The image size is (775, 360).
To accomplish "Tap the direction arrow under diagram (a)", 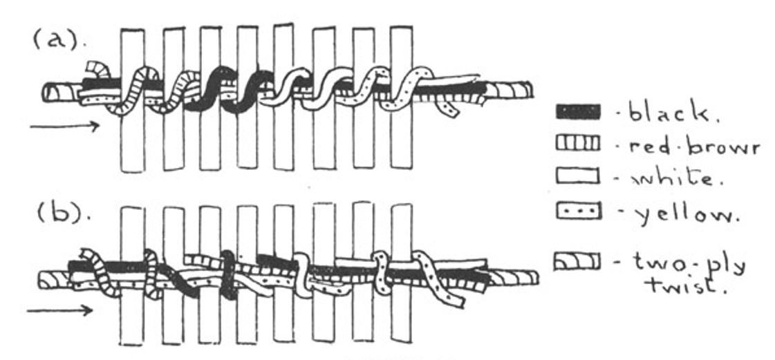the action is tap(65, 126).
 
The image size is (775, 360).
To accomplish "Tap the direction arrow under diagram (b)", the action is tap(60, 311).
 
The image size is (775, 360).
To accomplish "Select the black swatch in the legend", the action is tap(578, 112).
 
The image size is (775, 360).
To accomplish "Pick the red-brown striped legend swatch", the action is tap(578, 143).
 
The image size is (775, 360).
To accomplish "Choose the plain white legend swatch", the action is tap(578, 176).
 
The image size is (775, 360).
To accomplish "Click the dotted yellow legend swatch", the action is tap(578, 211).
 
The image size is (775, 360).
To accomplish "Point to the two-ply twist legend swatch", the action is tap(577, 262).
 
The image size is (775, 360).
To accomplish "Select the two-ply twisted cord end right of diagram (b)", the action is tap(514, 278).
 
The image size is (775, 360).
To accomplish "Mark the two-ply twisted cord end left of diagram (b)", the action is tap(54, 280).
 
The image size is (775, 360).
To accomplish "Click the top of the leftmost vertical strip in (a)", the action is tap(133, 30).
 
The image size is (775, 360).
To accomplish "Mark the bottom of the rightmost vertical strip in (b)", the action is tap(401, 341).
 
